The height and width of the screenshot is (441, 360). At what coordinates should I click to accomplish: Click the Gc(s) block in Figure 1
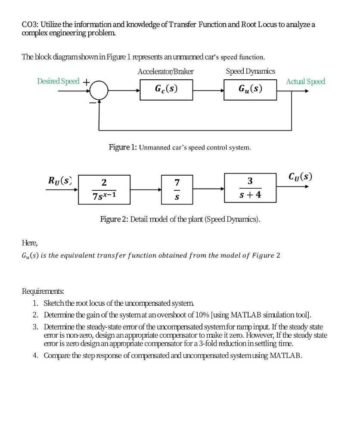point(166,89)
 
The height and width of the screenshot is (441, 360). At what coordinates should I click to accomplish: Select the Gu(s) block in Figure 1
point(250,89)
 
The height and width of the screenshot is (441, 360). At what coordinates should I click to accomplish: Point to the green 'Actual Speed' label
point(305,81)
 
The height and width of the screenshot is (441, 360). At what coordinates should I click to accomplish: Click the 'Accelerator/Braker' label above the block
point(165,71)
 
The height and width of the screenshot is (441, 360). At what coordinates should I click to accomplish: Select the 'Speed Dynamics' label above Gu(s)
point(250,71)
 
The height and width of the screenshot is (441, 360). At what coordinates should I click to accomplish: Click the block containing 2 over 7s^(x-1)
point(104,189)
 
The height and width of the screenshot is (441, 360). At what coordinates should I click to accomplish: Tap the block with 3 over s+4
point(250,188)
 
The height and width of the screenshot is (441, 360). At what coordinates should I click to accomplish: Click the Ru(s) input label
point(60,180)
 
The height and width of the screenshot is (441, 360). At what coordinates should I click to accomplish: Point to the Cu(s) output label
point(300,177)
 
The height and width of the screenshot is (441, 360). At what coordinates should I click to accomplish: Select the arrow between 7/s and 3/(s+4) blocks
point(209,189)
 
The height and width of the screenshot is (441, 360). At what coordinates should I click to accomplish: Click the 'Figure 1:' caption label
point(123,147)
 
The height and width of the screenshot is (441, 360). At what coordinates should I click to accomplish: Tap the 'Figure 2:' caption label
point(114,219)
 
